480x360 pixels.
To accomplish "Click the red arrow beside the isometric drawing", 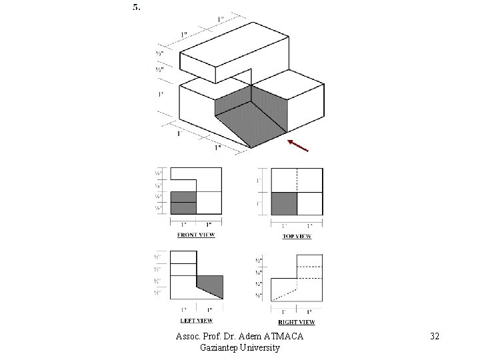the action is point(297,146).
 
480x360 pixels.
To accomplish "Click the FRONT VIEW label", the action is point(196,235).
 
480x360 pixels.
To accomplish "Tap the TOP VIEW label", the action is point(297,236).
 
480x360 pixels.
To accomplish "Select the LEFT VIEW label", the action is point(195,321).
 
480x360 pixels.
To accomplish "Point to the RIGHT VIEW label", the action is point(297,321).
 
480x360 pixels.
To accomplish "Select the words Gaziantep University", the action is point(240,348).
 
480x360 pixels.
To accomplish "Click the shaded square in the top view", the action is point(284,203).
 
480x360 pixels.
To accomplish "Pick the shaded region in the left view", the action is point(212,285).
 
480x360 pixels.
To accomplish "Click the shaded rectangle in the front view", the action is point(183,203).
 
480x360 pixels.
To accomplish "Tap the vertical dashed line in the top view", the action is point(297,180).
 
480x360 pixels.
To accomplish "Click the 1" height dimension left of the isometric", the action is point(160,95).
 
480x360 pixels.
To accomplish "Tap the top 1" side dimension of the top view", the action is point(259,180).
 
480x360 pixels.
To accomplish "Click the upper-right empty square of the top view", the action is point(309,180).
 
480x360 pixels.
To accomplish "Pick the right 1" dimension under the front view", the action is point(209,224).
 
